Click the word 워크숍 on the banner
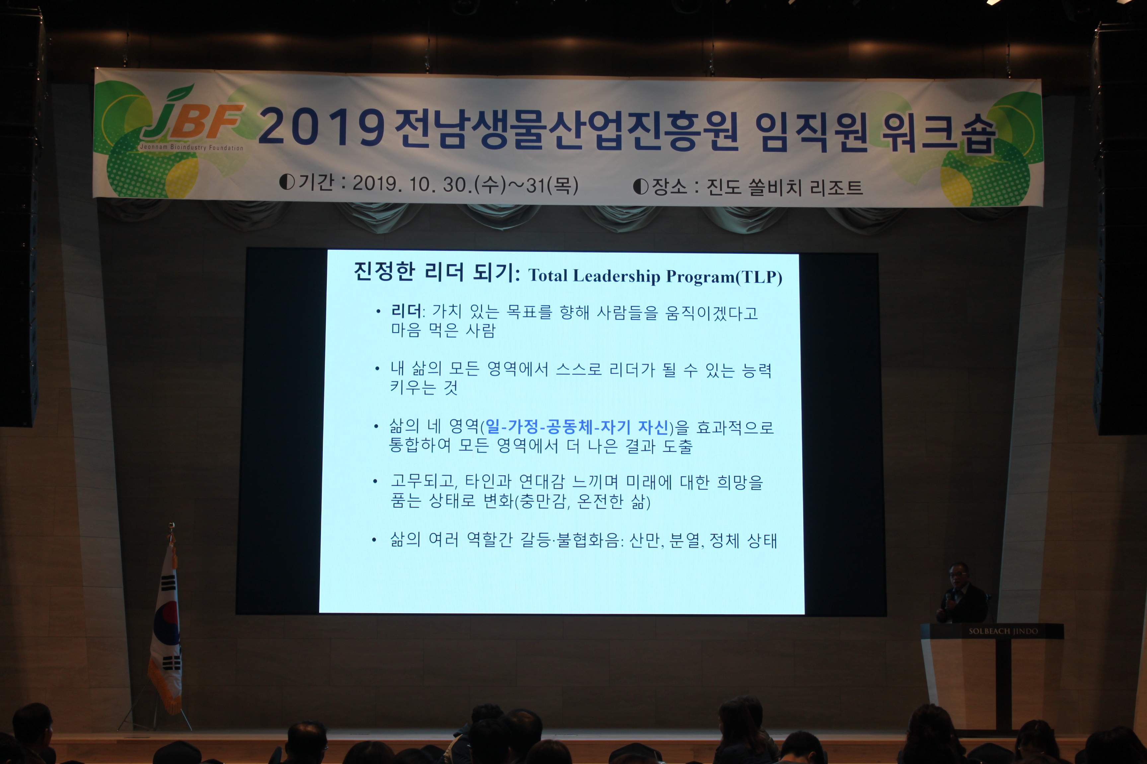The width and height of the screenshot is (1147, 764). (939, 134)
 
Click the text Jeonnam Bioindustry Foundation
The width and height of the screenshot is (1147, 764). (191, 147)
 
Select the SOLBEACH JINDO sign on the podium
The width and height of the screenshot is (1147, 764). (1003, 631)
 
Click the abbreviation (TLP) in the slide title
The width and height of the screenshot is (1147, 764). (759, 277)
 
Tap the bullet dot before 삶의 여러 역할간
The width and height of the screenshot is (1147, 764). (374, 540)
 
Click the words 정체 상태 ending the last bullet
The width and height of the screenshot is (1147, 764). (743, 541)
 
